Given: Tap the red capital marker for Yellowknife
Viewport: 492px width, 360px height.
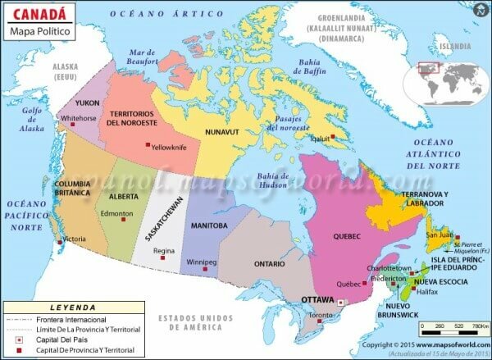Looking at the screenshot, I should [x=148, y=145].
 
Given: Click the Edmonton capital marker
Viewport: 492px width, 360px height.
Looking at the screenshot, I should [x=125, y=220].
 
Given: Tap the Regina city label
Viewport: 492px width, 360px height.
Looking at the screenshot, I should [x=164, y=250].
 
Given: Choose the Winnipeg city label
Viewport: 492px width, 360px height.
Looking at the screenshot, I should [x=201, y=262].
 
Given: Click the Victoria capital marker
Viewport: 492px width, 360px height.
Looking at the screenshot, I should [x=60, y=241].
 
